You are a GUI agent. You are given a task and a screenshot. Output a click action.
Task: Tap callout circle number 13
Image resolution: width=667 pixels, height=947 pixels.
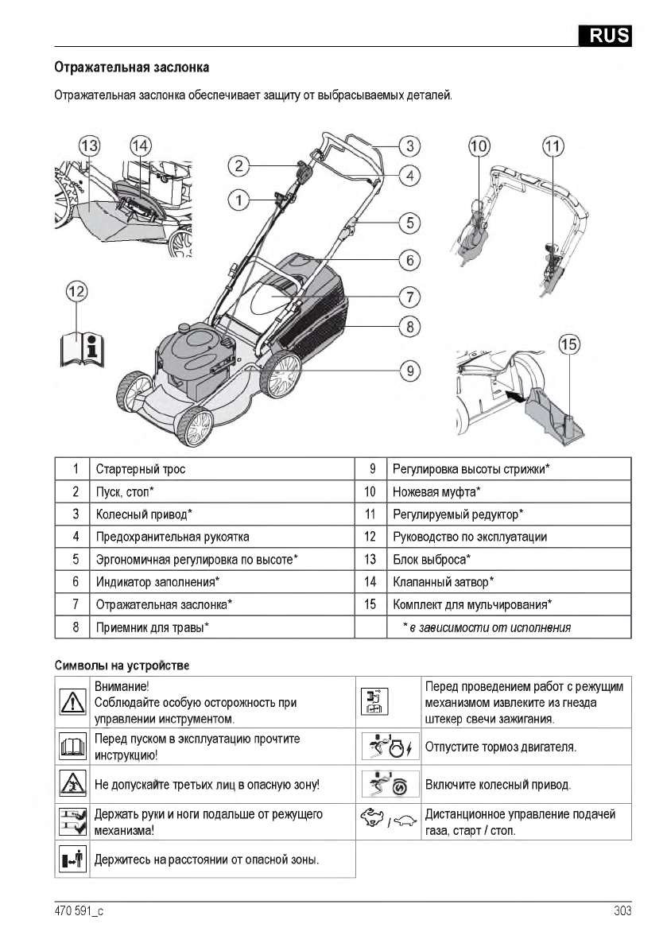point(90,146)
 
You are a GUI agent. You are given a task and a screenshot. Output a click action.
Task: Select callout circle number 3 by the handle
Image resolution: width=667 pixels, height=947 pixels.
point(409,146)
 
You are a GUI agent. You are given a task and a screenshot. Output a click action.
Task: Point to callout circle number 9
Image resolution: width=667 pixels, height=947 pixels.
point(409,370)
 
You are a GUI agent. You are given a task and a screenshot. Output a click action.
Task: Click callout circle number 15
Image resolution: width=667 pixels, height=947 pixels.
point(569,344)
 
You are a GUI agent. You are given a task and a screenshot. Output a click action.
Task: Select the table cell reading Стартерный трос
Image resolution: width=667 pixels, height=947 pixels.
point(141,469)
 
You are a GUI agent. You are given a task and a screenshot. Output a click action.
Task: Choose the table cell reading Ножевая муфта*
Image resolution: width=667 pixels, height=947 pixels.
point(436,491)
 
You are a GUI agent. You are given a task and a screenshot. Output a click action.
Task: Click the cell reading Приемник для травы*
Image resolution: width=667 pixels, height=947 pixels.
point(153,627)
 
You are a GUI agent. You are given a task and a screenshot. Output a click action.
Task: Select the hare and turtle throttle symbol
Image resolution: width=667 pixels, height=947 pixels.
point(389,821)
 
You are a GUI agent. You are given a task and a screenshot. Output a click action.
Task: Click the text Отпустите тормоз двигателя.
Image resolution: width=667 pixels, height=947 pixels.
point(501,747)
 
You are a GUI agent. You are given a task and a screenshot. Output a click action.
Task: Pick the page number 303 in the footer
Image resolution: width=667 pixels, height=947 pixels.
point(622,911)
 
